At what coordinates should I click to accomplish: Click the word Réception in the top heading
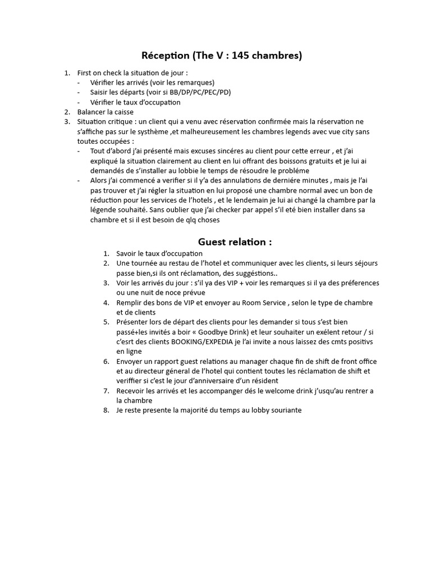click(x=164, y=55)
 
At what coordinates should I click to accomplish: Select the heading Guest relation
click(x=235, y=242)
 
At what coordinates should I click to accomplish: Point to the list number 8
click(x=106, y=410)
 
